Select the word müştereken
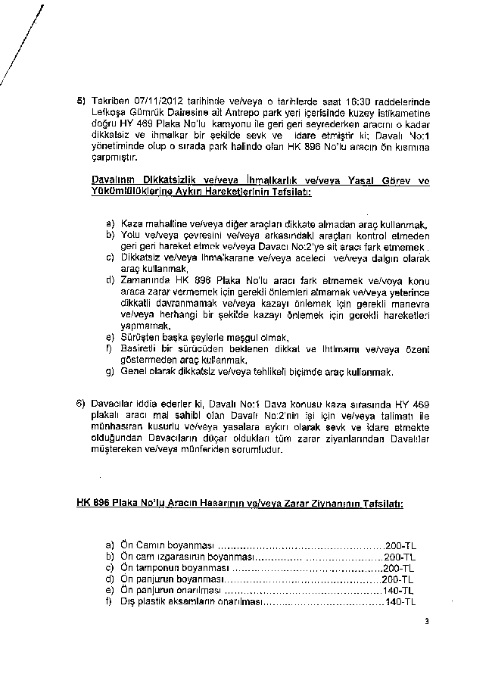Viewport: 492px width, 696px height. click(117, 449)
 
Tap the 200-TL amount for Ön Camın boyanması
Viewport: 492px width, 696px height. click(400, 545)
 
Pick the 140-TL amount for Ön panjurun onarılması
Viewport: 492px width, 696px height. click(400, 590)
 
